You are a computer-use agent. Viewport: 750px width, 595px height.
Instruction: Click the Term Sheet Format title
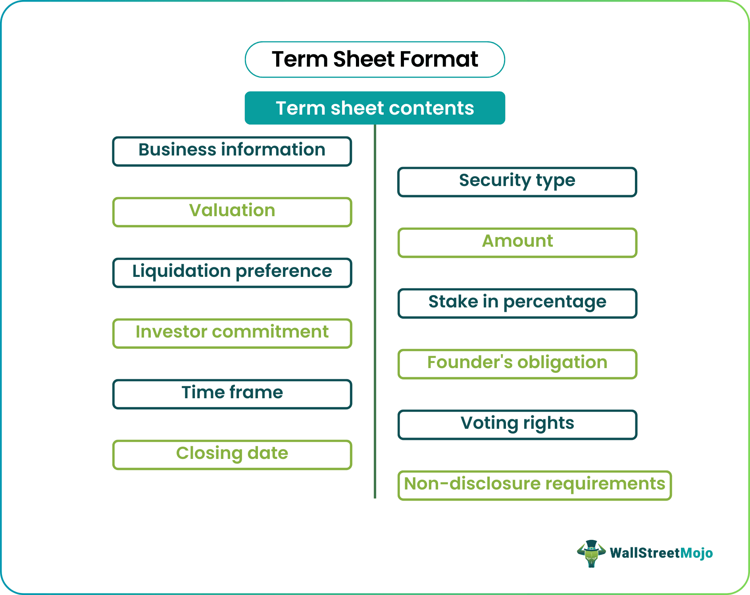(x=375, y=59)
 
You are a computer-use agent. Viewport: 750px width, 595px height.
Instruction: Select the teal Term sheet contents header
(x=375, y=108)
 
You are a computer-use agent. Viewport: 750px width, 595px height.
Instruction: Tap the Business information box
(x=232, y=151)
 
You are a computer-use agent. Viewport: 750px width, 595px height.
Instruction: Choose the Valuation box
(x=232, y=212)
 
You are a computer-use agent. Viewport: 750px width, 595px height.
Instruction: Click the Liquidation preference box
(x=232, y=273)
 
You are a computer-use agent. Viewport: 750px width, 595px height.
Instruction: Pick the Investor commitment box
(x=232, y=333)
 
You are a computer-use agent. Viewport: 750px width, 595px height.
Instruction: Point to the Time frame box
(x=232, y=394)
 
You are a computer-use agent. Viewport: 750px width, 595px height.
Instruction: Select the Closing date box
(x=232, y=455)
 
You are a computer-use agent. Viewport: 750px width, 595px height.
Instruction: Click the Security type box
(x=517, y=182)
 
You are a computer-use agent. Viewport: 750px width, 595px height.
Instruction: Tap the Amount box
(x=517, y=242)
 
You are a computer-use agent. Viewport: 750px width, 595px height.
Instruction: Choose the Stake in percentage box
(x=517, y=303)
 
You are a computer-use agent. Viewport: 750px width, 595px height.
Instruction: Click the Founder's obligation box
(x=517, y=364)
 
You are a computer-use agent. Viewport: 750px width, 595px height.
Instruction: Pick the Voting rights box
(x=517, y=424)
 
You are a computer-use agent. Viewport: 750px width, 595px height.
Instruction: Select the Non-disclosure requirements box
(x=535, y=485)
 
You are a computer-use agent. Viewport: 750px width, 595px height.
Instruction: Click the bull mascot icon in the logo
(x=591, y=553)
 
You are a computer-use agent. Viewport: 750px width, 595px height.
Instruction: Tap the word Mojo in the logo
(x=696, y=553)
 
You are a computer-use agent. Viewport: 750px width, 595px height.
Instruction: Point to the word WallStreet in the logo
(x=645, y=553)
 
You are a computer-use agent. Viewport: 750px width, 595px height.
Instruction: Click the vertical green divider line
(x=375, y=317)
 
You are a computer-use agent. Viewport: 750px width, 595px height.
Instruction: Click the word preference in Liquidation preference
(x=284, y=272)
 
